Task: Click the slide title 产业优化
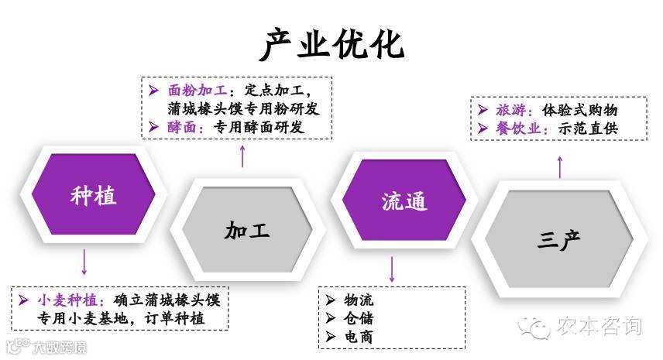point(331,44)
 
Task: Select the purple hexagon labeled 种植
point(93,195)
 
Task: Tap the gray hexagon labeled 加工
point(247,230)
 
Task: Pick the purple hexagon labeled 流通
point(404,201)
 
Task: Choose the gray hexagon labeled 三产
point(559,239)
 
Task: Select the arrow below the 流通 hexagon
point(392,268)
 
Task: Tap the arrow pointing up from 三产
point(560,166)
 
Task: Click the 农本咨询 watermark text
point(598,327)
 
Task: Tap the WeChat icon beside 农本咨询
point(535,327)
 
